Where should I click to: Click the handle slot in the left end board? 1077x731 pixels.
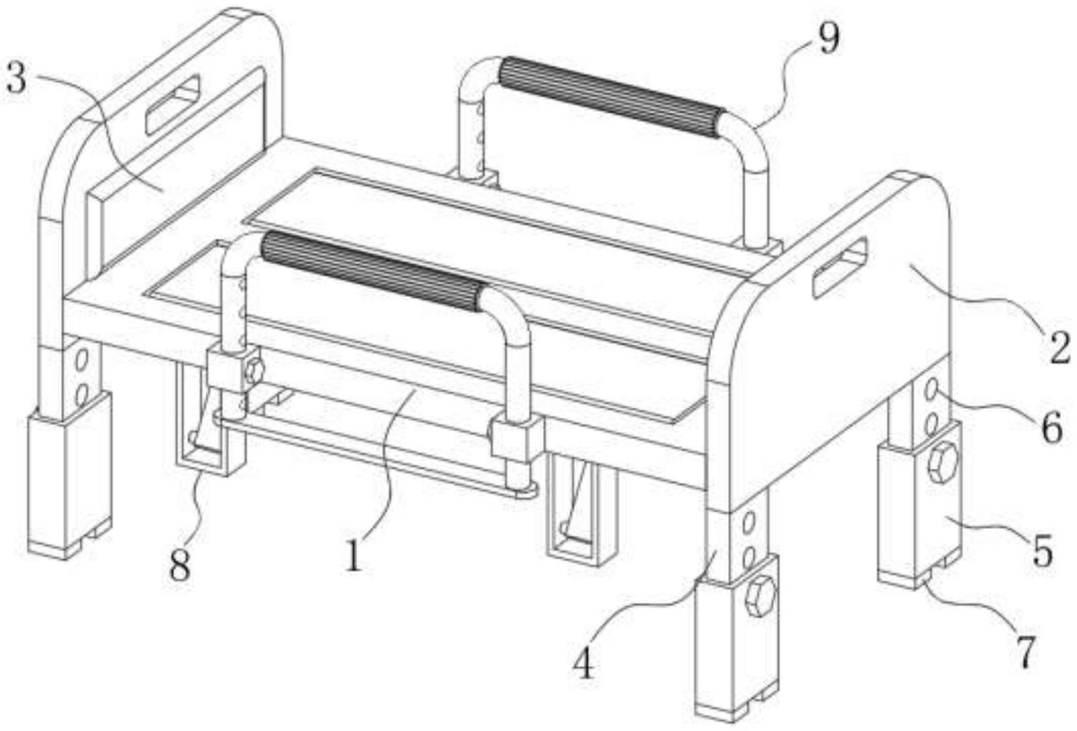click(173, 105)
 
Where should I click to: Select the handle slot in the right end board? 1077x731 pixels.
click(840, 267)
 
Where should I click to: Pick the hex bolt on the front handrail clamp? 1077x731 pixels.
click(254, 370)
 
